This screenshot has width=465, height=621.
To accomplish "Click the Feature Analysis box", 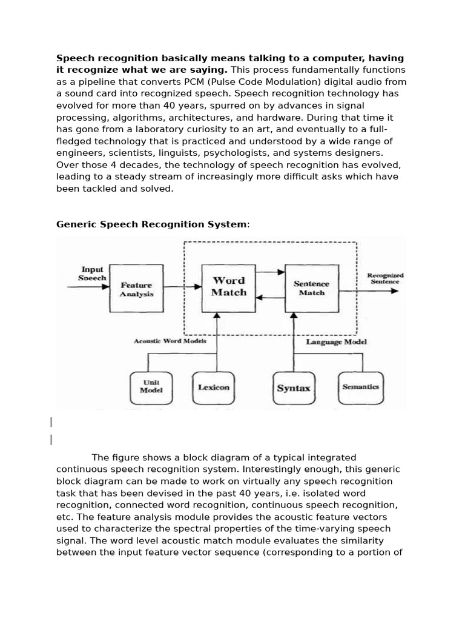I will [x=136, y=289].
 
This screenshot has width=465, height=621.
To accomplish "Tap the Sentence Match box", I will [x=311, y=287].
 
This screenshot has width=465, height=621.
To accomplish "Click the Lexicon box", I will [x=214, y=387].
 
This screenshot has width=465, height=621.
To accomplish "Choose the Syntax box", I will [x=294, y=388].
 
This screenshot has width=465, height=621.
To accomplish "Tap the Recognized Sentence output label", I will [x=385, y=278].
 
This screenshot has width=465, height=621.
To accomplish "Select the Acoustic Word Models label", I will [x=170, y=341].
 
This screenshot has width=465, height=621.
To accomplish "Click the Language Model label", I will [x=336, y=341].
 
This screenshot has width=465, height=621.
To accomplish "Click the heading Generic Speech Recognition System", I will [x=151, y=224].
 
